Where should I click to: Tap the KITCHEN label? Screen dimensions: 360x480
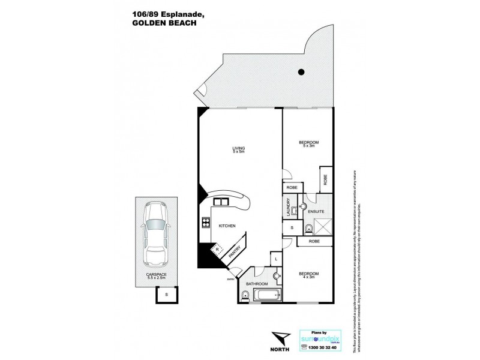(x=226, y=225)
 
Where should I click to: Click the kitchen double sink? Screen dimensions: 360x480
(x=220, y=202)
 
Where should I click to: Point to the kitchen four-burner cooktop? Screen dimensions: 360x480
(x=205, y=225)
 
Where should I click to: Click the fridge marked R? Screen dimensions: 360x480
(x=218, y=248)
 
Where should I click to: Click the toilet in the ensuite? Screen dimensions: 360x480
(x=307, y=227)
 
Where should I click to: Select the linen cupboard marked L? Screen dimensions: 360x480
(x=275, y=258)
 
